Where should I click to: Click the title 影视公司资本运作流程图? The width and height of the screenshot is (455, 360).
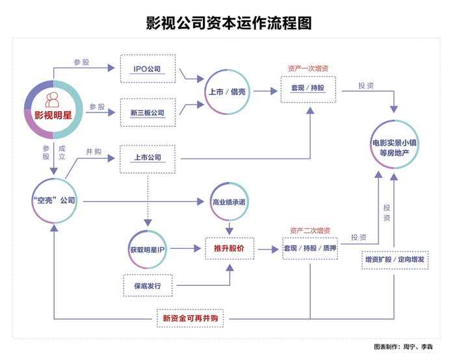pyautogui.click(x=228, y=23)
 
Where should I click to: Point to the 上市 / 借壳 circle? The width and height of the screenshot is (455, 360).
pyautogui.click(x=227, y=92)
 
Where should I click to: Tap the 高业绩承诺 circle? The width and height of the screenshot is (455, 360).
pyautogui.click(x=229, y=202)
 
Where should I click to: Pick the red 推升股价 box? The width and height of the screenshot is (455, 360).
pyautogui.click(x=229, y=249)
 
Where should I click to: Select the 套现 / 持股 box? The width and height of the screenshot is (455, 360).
pyautogui.click(x=308, y=88)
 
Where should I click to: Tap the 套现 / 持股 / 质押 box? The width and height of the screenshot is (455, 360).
pyautogui.click(x=310, y=249)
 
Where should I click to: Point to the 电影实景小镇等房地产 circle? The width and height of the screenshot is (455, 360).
pyautogui.click(x=394, y=147)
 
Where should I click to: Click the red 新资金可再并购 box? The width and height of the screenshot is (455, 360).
pyautogui.click(x=193, y=318)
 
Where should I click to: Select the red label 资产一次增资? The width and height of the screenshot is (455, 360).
pyautogui.click(x=309, y=68)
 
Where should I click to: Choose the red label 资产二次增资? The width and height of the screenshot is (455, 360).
pyautogui.click(x=309, y=231)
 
